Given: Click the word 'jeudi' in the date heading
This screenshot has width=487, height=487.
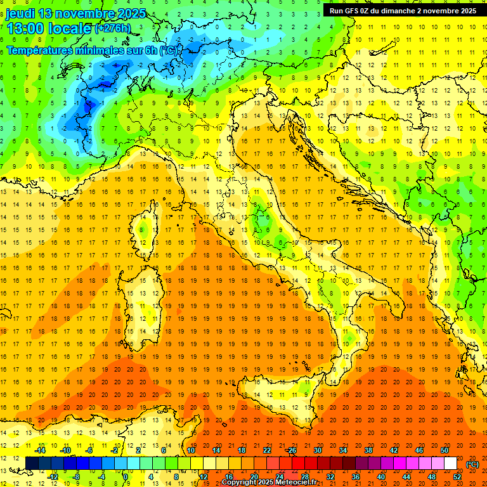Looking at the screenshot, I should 20,13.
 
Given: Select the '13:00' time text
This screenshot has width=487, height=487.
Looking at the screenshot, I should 24,29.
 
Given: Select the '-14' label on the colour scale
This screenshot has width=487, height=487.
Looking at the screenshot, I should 41,450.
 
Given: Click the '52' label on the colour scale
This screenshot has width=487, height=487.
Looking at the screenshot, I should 457,477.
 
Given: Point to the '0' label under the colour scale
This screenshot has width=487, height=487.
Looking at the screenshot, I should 126,477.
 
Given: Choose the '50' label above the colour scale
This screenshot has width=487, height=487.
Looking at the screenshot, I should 445,450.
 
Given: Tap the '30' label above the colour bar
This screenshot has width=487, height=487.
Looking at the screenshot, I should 318,450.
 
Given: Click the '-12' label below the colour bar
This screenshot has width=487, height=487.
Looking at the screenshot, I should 53,477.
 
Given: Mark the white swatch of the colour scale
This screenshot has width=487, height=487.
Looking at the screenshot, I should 450,464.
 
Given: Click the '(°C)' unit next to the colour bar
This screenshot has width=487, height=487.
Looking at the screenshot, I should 472,464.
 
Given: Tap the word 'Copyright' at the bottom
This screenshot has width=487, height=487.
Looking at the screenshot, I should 240,483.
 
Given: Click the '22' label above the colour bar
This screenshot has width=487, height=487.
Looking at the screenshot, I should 267,450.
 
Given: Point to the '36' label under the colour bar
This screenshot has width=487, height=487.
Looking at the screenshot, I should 356,477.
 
